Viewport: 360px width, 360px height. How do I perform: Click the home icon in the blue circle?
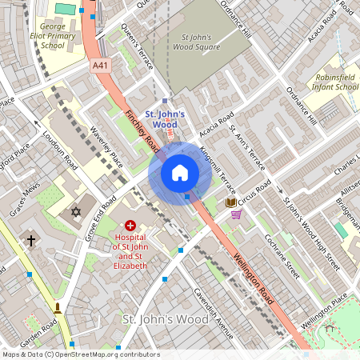[179, 173]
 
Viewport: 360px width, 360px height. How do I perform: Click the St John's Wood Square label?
[201, 42]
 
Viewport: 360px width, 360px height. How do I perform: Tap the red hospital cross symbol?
[130, 226]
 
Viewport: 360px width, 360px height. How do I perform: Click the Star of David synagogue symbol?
[77, 212]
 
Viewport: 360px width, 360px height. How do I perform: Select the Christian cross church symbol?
[32, 240]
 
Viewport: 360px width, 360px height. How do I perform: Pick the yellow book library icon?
[231, 203]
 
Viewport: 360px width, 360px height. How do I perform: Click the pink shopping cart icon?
[236, 214]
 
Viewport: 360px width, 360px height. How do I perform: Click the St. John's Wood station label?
[166, 119]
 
